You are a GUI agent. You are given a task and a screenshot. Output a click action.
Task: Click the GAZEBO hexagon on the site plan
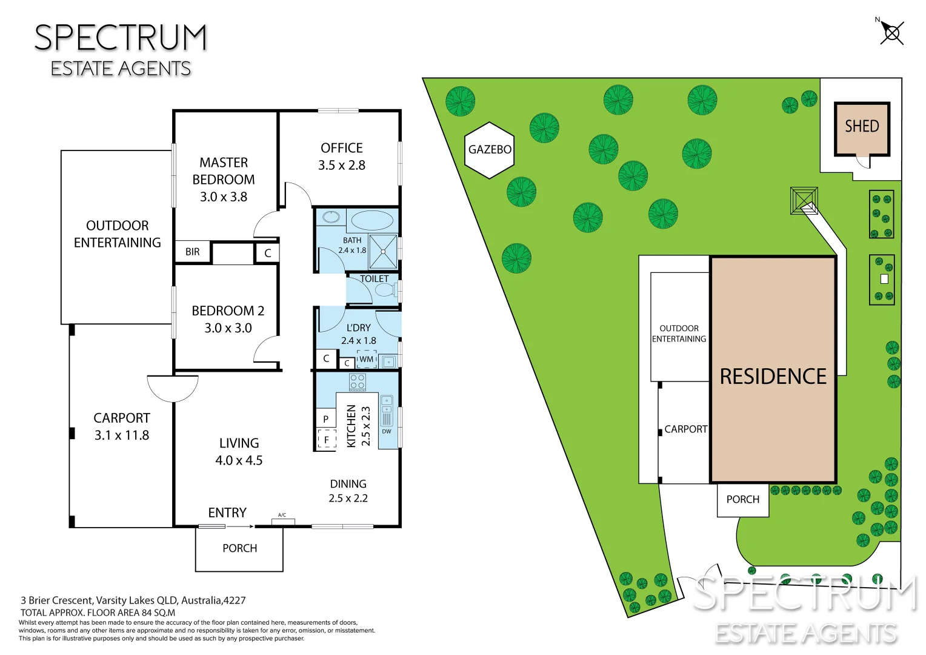490,150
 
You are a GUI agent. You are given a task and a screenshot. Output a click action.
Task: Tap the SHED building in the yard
862,129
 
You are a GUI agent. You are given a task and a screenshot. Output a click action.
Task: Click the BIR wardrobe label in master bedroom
193,252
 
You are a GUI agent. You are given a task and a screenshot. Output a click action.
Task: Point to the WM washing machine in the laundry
367,359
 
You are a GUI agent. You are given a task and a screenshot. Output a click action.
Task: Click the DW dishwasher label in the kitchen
387,431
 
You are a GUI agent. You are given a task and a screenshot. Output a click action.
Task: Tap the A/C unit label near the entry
282,516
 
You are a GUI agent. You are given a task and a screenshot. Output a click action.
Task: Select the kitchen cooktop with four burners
358,382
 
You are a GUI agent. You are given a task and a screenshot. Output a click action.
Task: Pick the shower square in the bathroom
383,251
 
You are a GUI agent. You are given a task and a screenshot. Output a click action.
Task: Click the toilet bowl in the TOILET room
385,290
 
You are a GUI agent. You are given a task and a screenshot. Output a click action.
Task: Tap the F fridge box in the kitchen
327,440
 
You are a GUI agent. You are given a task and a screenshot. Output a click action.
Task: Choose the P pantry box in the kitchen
326,418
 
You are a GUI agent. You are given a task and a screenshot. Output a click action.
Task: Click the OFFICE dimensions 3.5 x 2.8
342,165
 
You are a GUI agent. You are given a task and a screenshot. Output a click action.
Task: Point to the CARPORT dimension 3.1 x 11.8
122,435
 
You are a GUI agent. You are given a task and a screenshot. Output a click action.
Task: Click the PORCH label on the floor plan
239,548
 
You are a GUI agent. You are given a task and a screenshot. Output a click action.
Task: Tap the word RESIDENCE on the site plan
773,377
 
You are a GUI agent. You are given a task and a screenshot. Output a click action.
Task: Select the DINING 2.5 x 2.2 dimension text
348,499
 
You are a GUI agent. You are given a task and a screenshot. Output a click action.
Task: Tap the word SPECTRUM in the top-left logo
121,38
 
